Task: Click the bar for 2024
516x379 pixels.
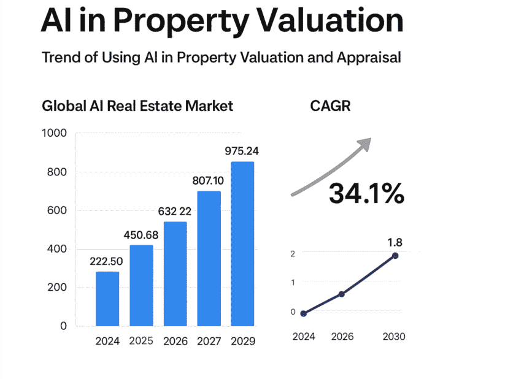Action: click(x=107, y=299)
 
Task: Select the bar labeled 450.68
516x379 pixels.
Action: click(x=141, y=285)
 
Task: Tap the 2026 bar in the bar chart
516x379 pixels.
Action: click(x=175, y=274)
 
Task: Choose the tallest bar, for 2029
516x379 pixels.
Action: click(x=242, y=243)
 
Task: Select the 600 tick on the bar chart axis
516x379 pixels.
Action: click(x=56, y=210)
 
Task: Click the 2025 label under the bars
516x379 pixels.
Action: click(x=141, y=341)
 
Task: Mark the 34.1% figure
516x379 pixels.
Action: click(x=366, y=193)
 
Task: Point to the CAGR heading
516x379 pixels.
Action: click(x=331, y=106)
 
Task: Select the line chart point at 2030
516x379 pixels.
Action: click(x=395, y=256)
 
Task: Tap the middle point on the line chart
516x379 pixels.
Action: click(x=342, y=294)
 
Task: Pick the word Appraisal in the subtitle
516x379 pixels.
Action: click(x=369, y=58)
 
